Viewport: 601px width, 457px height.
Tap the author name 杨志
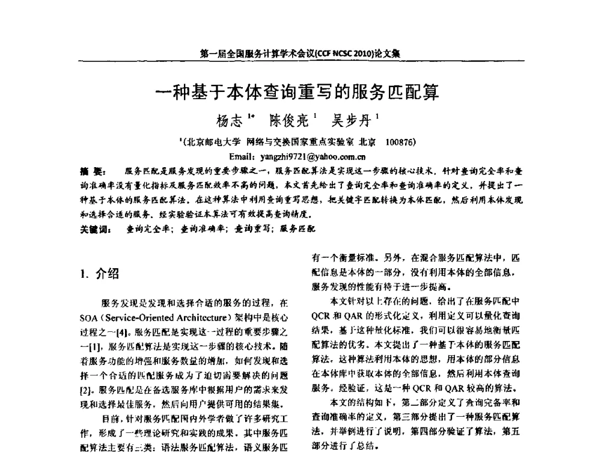228,121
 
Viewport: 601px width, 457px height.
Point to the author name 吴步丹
352,121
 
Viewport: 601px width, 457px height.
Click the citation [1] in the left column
92,346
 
